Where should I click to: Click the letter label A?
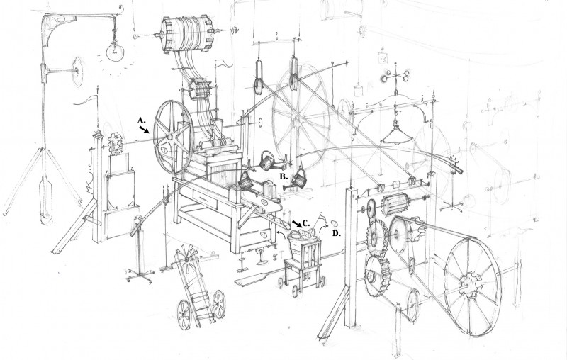pyautogui.click(x=141, y=120)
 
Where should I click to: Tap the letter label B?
pyautogui.click(x=284, y=176)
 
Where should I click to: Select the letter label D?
pyautogui.click(x=337, y=233)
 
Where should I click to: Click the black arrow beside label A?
pyautogui.click(x=144, y=130)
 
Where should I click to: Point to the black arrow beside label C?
pyautogui.click(x=296, y=224)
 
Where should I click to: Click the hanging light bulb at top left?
pyautogui.click(x=115, y=51)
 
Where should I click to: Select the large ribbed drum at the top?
pyautogui.click(x=186, y=34)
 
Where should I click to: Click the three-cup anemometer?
pyautogui.click(x=395, y=76)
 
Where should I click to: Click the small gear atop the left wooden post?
pyautogui.click(x=116, y=143)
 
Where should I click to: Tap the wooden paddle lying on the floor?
pyautogui.click(x=259, y=276)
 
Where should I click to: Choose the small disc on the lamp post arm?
pyautogui.click(x=77, y=72)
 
